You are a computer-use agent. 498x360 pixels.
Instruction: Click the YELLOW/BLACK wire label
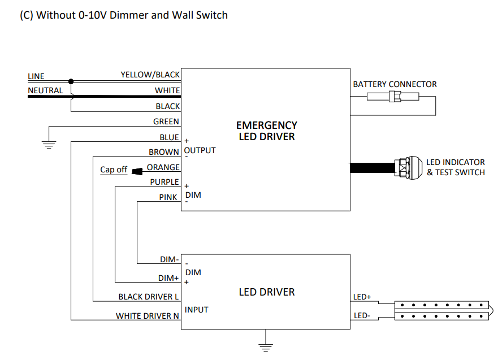pos(150,75)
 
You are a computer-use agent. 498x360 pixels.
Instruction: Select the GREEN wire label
pos(166,122)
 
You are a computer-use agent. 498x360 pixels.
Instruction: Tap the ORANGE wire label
pos(163,167)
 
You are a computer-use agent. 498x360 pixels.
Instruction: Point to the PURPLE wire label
pos(164,182)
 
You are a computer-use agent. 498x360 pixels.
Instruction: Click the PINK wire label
pos(168,197)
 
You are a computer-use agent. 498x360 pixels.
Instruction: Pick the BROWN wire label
pos(164,152)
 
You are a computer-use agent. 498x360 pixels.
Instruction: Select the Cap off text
pos(114,170)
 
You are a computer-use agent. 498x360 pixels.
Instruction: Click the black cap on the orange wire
pos(137,169)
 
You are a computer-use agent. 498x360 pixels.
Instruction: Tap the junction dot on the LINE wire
pos(71,81)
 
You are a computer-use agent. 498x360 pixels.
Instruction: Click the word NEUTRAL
pos(45,90)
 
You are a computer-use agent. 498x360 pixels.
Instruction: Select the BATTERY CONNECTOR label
pos(395,84)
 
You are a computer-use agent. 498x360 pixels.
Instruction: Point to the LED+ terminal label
pos(362,297)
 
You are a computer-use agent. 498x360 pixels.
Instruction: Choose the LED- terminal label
pos(361,315)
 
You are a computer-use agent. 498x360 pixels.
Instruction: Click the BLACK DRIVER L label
pos(149,297)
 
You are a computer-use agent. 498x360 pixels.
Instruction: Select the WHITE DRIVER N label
pos(148,316)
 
